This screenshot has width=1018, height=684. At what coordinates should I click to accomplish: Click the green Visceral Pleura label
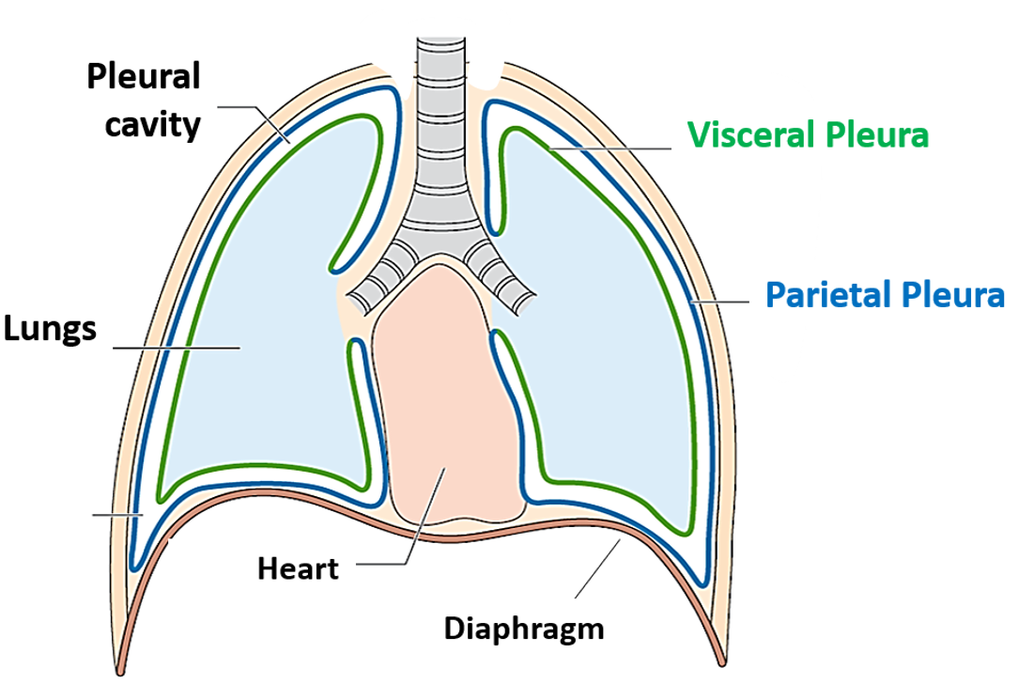[x=808, y=135]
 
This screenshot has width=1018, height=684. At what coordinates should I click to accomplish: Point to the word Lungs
[x=49, y=329]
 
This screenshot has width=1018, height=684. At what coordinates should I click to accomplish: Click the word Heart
[x=298, y=568]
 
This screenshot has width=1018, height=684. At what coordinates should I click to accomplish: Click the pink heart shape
[x=445, y=395]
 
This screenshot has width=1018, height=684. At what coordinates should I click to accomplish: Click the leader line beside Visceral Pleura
[x=610, y=148]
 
